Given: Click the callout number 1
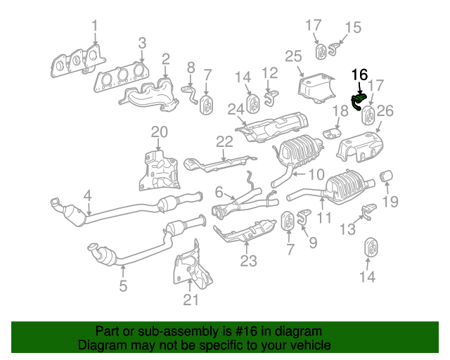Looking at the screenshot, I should click(x=94, y=27).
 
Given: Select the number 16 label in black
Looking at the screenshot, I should click(x=359, y=75).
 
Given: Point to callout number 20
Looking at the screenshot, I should click(x=160, y=131).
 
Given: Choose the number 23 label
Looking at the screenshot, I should click(x=248, y=262).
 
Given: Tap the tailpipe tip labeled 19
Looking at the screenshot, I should click(x=386, y=176).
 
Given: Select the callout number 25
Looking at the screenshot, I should click(x=293, y=56).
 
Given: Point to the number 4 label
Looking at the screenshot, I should click(x=87, y=195).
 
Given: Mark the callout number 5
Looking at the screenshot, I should click(x=122, y=285).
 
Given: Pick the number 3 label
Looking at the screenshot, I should click(x=141, y=43).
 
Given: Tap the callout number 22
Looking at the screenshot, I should click(x=224, y=142).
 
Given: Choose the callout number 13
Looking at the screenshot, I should click(x=347, y=229).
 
